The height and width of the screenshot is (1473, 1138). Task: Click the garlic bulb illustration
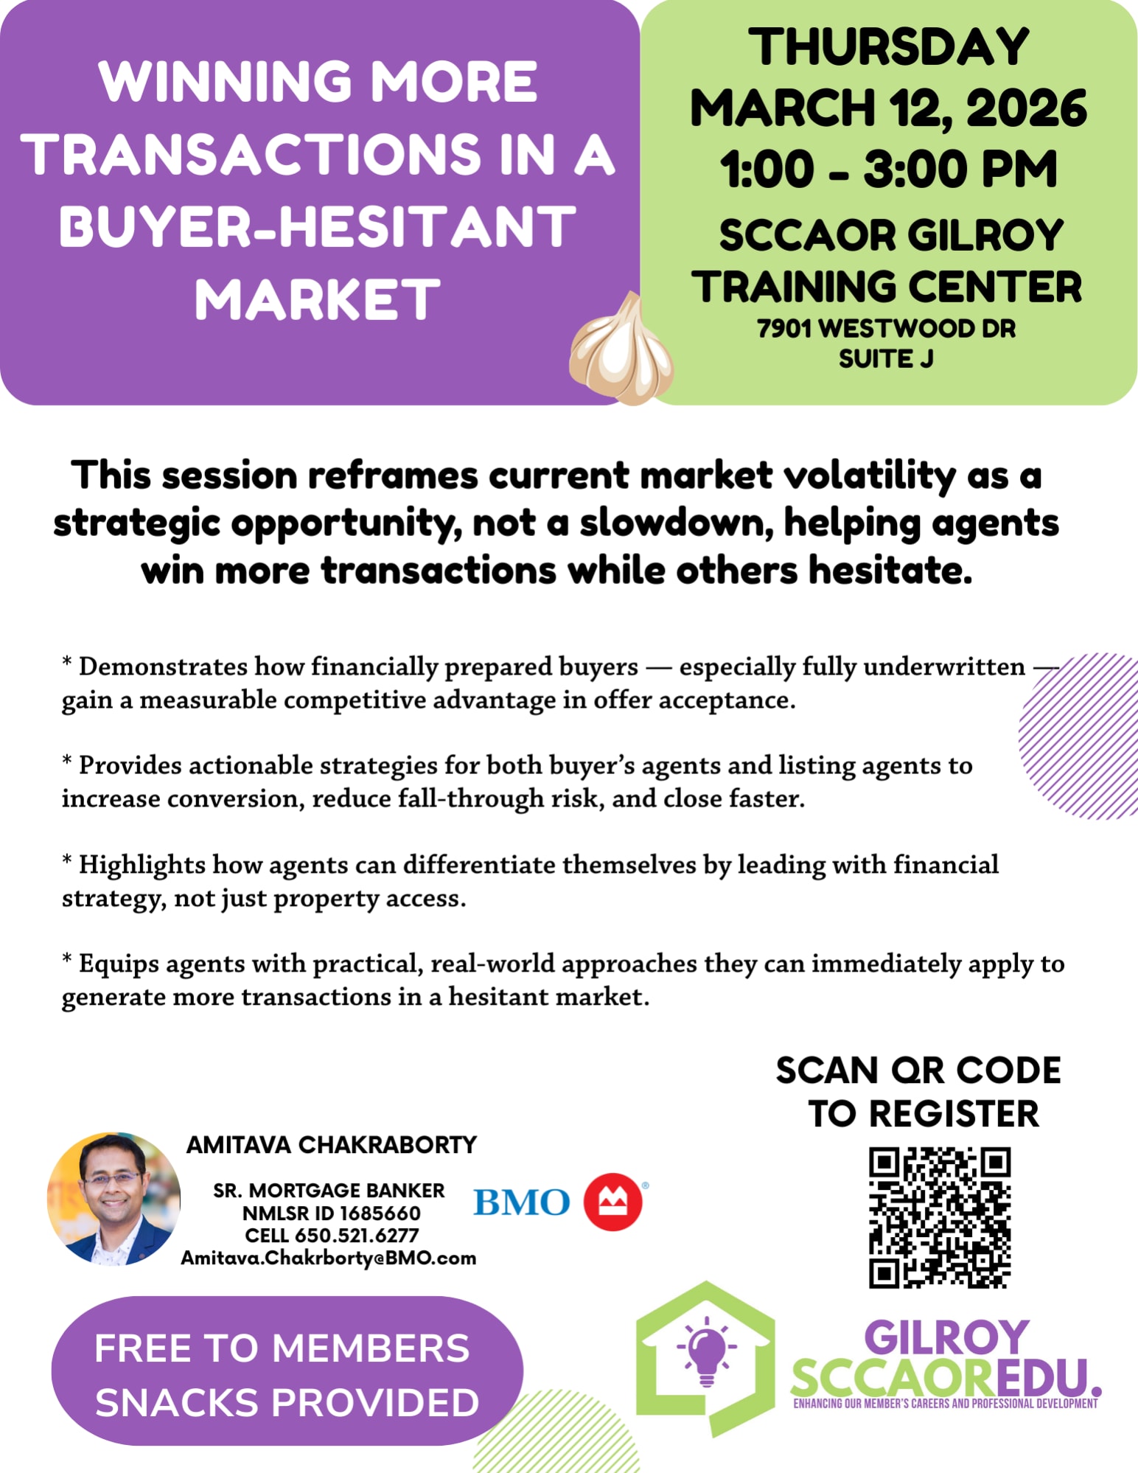point(621,349)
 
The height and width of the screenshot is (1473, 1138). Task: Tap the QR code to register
point(940,1217)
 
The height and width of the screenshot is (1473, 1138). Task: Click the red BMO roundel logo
point(613,1202)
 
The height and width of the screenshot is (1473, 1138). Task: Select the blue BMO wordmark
point(522,1202)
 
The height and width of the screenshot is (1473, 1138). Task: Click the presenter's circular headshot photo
point(114,1199)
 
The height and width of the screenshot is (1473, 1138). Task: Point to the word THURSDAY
point(889,46)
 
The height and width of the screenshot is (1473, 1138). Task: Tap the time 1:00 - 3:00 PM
point(889,169)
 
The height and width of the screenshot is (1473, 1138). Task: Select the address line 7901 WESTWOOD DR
point(887,328)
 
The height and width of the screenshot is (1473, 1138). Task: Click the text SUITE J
point(886,358)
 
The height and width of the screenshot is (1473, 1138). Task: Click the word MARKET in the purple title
point(318,299)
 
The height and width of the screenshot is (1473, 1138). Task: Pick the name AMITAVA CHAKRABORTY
point(332,1144)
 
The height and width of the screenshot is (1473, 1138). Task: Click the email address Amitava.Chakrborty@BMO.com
point(329,1258)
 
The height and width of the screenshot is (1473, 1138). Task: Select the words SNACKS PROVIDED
point(287,1402)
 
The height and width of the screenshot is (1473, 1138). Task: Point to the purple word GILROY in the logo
point(946,1337)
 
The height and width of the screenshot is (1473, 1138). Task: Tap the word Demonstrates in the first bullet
point(163,666)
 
